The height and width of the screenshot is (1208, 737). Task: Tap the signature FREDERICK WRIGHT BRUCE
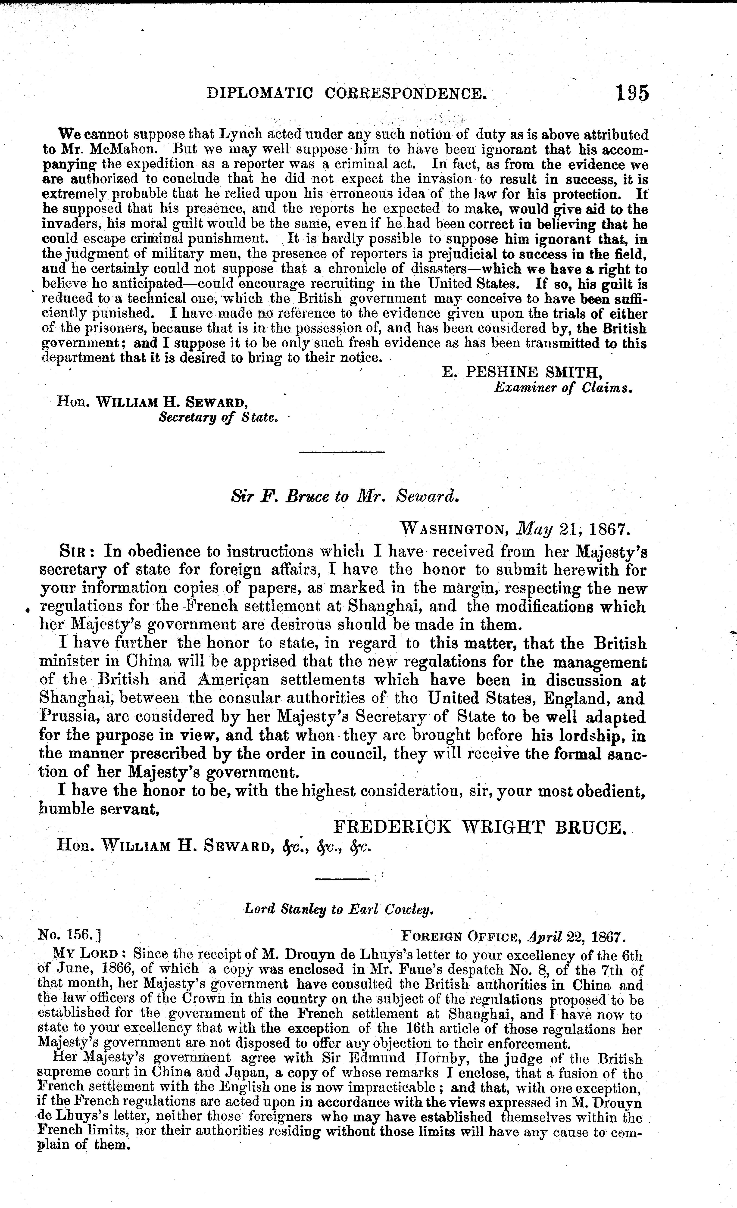coord(480,828)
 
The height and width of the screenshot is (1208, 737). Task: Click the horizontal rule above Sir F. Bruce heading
coord(341,451)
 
